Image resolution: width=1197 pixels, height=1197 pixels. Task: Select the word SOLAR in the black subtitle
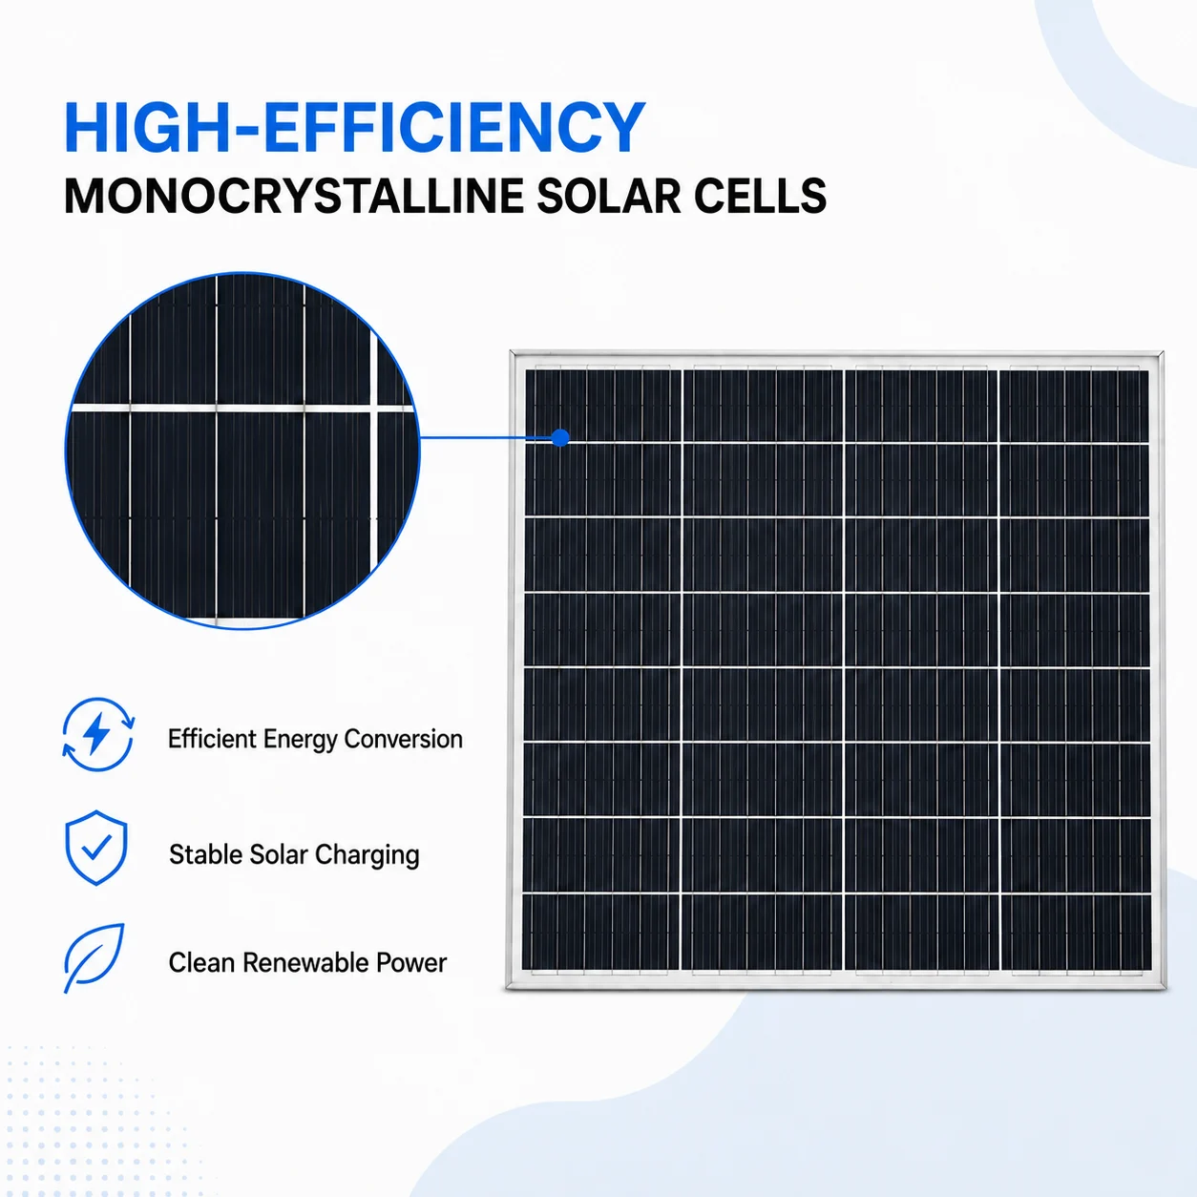tap(608, 197)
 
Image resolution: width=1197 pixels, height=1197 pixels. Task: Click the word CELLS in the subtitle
tap(760, 197)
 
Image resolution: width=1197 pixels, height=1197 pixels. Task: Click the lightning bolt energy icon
tap(97, 734)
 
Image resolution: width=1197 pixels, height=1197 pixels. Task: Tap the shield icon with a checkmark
tap(96, 848)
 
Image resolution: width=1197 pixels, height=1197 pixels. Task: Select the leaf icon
tap(94, 957)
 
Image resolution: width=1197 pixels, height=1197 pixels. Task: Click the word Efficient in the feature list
tap(212, 739)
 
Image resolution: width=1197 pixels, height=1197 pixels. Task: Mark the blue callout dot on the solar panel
tap(560, 438)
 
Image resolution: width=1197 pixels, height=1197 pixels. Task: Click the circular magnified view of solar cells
tap(242, 451)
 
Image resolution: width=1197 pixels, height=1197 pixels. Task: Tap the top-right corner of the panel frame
tap(1162, 352)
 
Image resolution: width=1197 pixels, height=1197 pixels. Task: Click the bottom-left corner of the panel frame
tap(508, 988)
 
